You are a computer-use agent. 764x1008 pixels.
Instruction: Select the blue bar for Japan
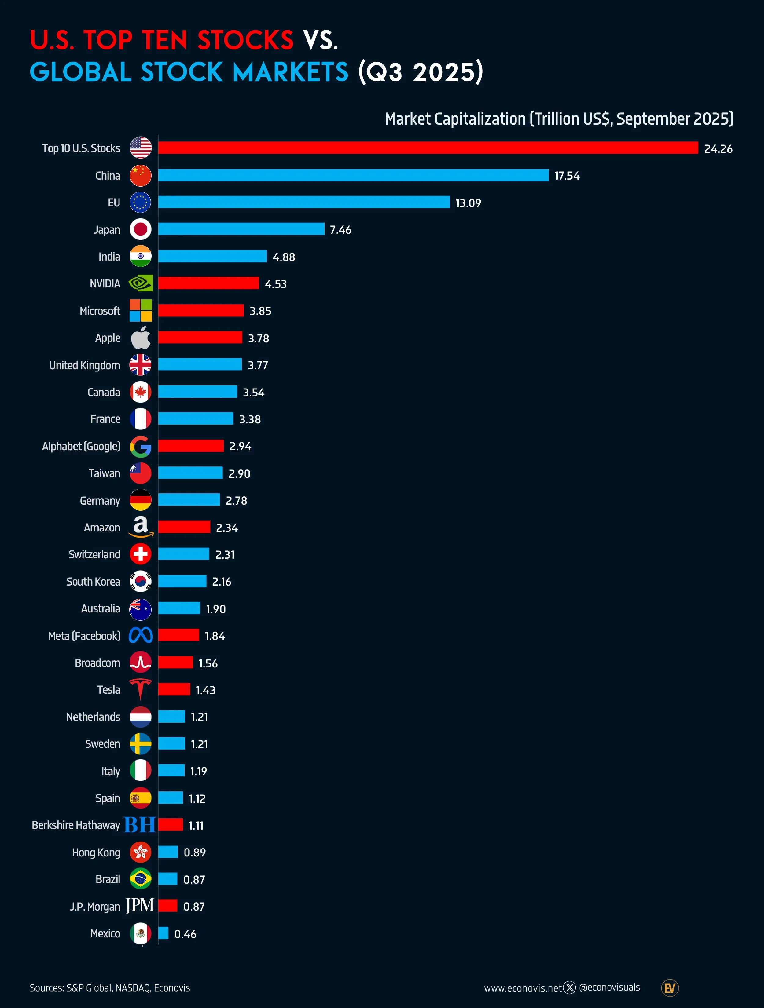(x=241, y=229)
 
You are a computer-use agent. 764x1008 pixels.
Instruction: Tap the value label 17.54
(x=567, y=176)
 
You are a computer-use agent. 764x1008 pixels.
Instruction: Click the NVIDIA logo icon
(x=140, y=283)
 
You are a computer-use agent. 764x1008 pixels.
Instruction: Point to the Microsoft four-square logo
(x=140, y=310)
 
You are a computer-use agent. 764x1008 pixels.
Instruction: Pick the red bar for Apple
(x=200, y=337)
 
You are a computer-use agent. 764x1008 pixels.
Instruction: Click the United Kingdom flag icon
(x=140, y=364)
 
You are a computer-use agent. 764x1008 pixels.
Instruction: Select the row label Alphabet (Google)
(x=81, y=446)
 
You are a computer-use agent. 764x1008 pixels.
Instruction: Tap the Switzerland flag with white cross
(x=140, y=554)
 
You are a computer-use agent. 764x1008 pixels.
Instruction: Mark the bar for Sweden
(x=171, y=744)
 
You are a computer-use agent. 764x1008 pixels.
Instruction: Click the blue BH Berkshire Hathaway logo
(x=139, y=825)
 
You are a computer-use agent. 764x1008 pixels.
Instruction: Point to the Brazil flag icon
(x=140, y=879)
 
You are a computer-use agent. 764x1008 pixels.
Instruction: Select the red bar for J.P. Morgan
(x=168, y=906)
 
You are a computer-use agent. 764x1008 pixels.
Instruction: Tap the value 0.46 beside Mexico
(x=185, y=934)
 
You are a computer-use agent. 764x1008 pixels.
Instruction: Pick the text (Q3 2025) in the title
(x=420, y=72)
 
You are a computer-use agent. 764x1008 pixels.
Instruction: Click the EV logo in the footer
(x=670, y=988)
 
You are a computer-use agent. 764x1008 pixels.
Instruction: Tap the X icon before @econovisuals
(x=569, y=988)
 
